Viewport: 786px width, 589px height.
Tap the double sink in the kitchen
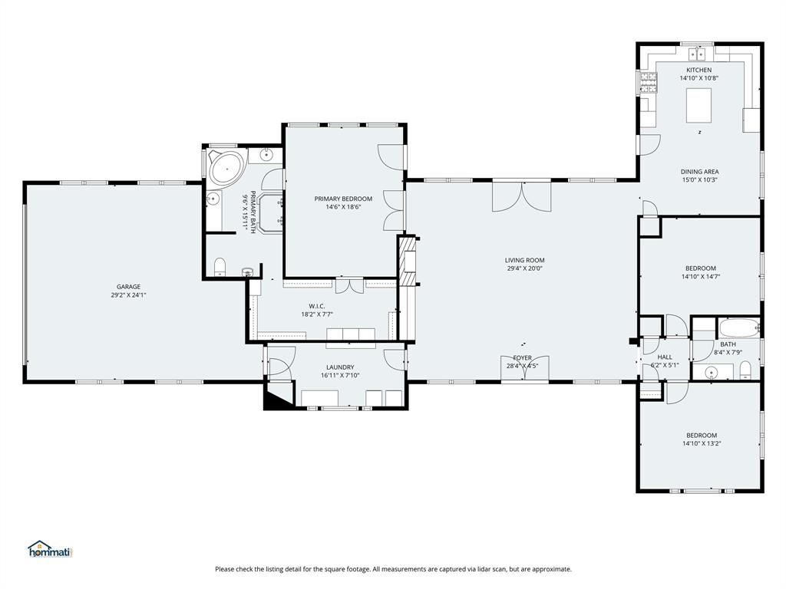tap(698, 54)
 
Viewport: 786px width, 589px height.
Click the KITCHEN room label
tap(698, 70)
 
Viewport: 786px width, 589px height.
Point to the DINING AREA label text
tap(699, 172)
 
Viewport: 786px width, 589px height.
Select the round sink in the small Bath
tap(711, 373)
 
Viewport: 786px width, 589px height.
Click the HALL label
tap(665, 357)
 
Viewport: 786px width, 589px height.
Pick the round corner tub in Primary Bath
tap(226, 167)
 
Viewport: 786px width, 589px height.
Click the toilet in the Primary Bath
tap(220, 267)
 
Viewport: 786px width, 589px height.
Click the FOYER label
tap(523, 357)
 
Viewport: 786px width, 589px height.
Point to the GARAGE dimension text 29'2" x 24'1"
tap(128, 294)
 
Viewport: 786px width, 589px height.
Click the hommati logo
tap(49, 549)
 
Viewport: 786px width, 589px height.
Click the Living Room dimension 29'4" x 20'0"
tap(525, 268)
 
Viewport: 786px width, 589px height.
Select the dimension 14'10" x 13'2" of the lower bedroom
tap(702, 443)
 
